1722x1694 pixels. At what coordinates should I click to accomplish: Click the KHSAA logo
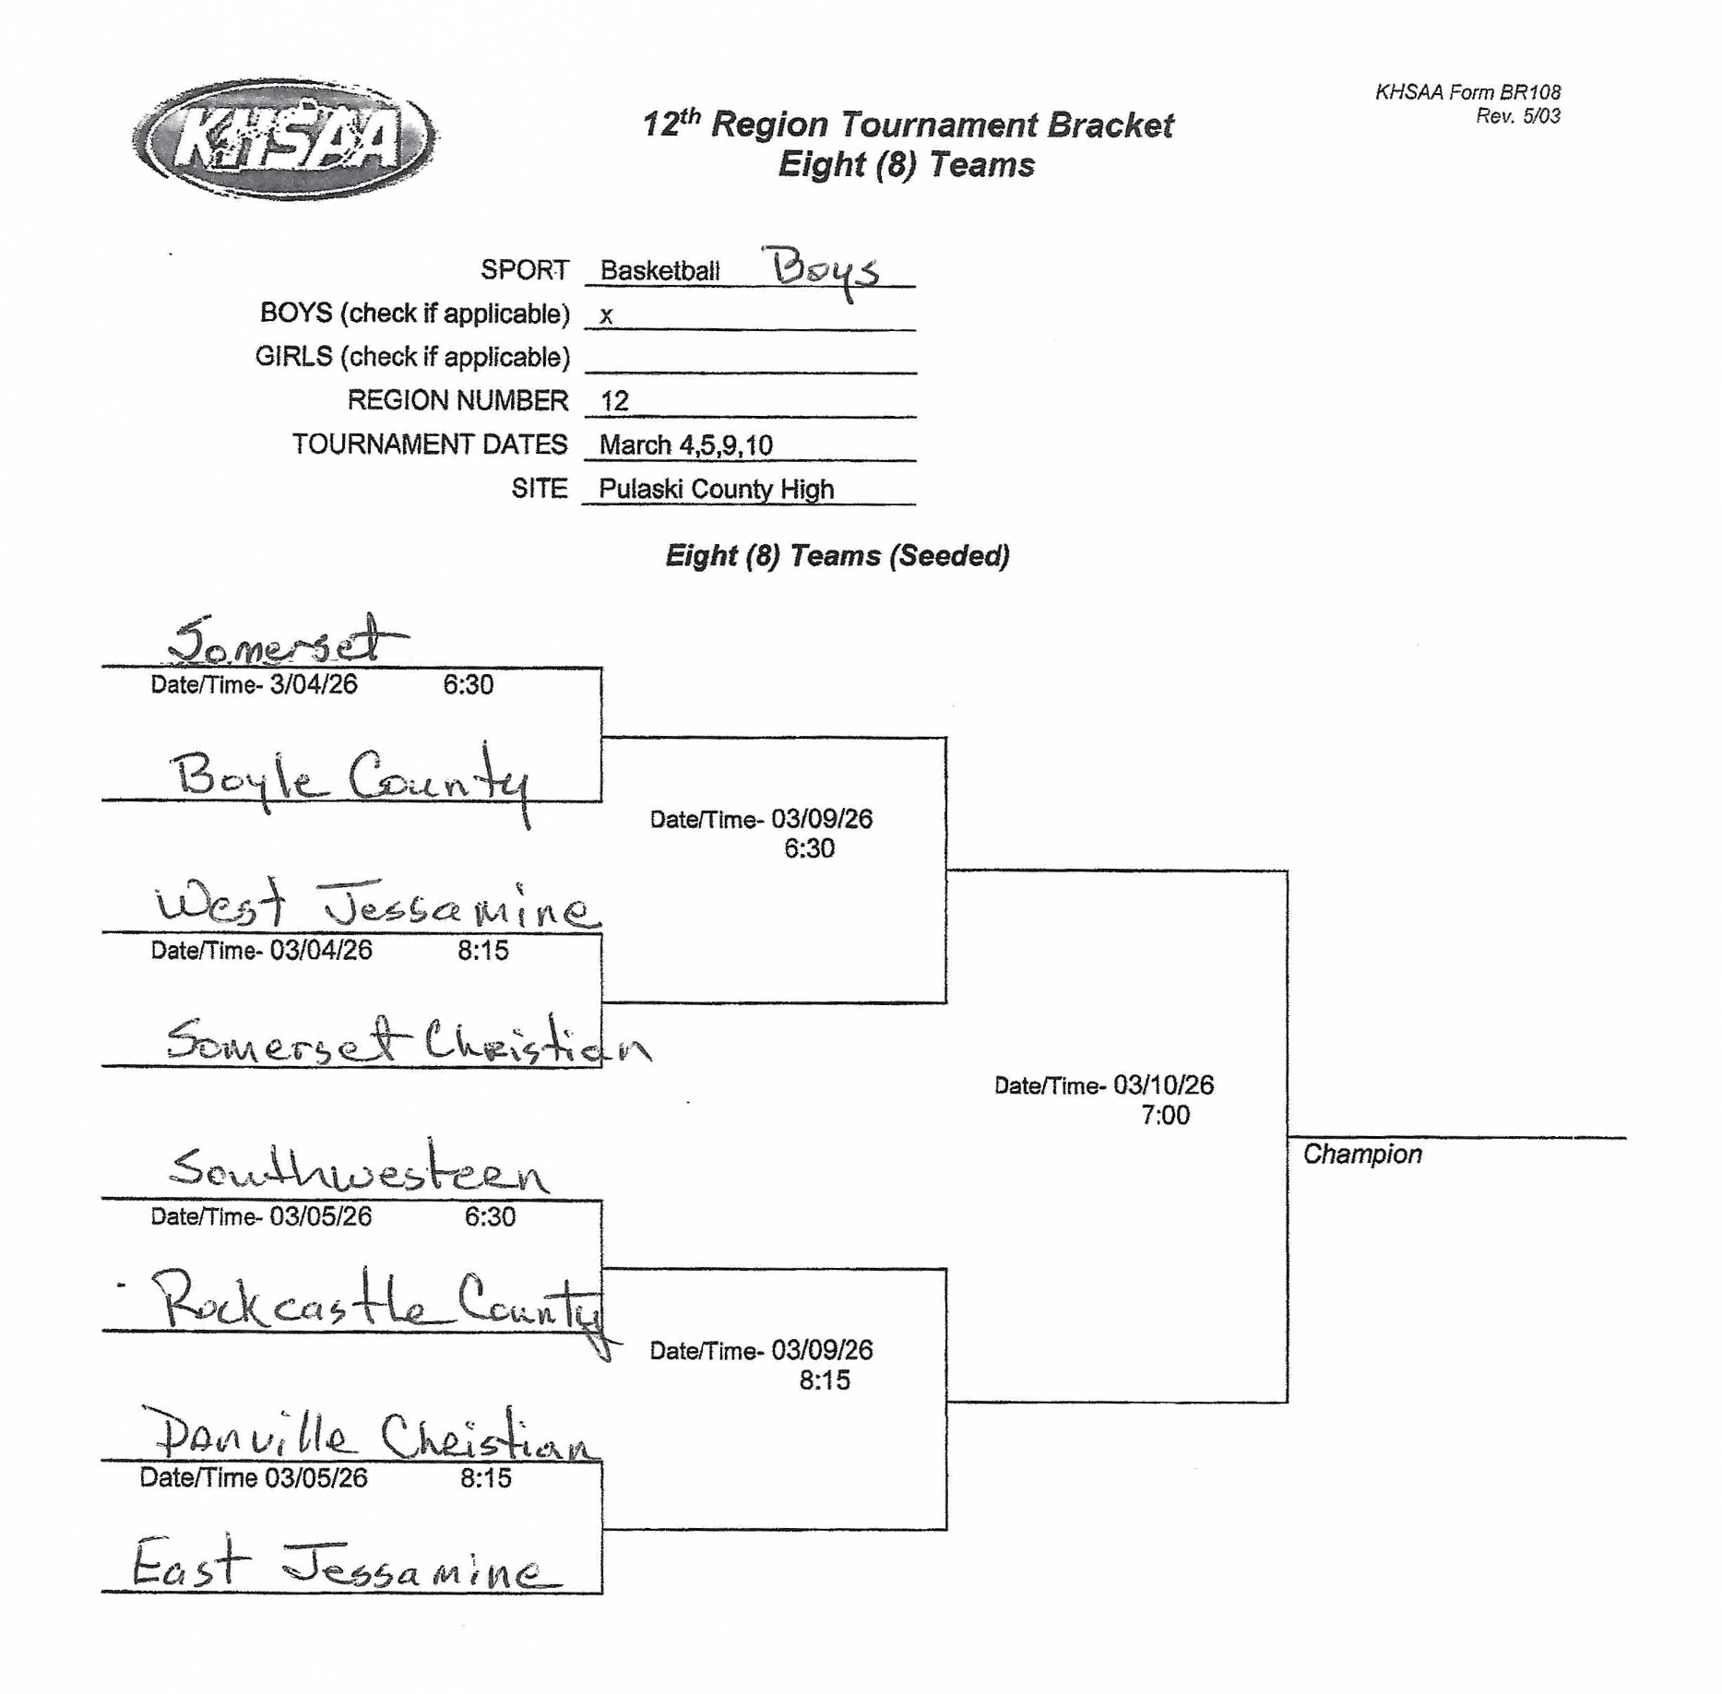[x=283, y=138]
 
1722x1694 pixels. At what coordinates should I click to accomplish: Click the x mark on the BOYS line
[x=606, y=315]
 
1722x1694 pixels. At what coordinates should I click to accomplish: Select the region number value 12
[x=614, y=401]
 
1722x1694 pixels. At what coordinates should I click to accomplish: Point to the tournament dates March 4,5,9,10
[x=685, y=445]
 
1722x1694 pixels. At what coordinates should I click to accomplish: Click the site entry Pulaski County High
[x=716, y=489]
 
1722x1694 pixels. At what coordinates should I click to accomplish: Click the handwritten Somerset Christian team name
[x=406, y=1042]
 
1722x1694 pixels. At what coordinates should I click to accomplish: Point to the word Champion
[x=1361, y=1155]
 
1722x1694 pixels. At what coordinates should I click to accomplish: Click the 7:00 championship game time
[x=1165, y=1116]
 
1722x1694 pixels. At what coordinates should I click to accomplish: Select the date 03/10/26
[x=1163, y=1085]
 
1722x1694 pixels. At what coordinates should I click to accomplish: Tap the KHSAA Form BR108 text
[x=1467, y=92]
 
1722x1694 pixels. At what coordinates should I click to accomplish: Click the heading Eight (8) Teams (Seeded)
[x=837, y=556]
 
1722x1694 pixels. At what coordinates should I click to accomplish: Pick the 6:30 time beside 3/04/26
[x=468, y=685]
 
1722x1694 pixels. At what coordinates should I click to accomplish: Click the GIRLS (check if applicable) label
[x=412, y=357]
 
